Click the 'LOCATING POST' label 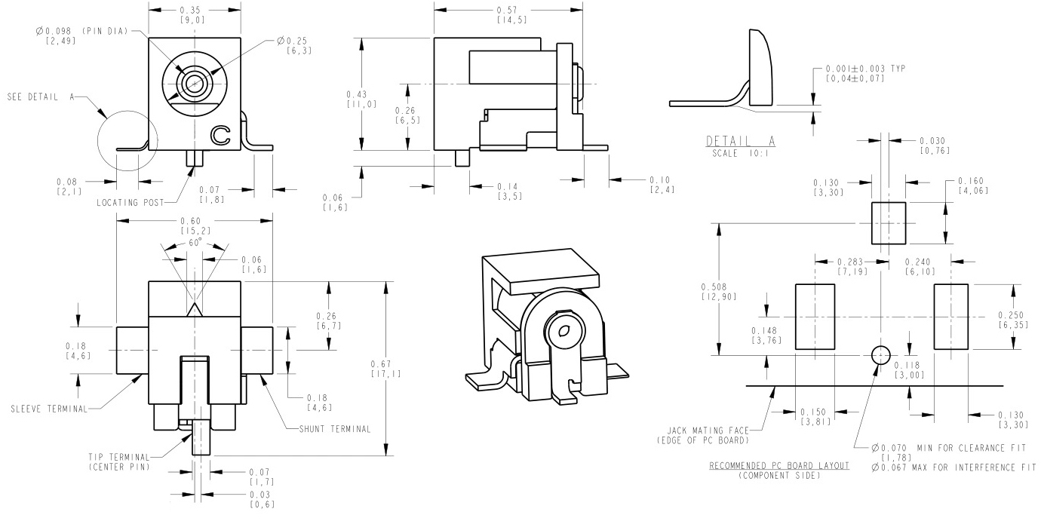pos(128,202)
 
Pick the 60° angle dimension pos(195,244)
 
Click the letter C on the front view pos(220,134)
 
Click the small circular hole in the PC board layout pos(880,354)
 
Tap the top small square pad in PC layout pos(889,222)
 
